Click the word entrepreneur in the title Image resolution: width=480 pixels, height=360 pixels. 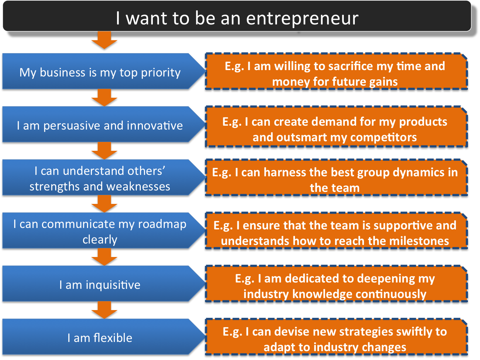point(302,19)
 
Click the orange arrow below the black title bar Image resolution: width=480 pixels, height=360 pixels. point(104,40)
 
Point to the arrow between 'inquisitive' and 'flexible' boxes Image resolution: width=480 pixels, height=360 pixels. point(104,310)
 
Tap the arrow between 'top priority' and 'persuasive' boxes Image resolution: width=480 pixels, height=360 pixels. point(104,98)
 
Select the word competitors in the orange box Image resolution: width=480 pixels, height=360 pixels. point(383,138)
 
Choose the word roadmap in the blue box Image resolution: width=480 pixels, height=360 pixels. point(162,224)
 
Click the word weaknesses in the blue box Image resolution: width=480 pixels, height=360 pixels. point(138,187)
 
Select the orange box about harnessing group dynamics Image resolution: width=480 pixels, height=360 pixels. point(336,177)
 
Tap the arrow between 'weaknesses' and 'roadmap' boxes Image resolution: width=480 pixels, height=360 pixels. point(104,204)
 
